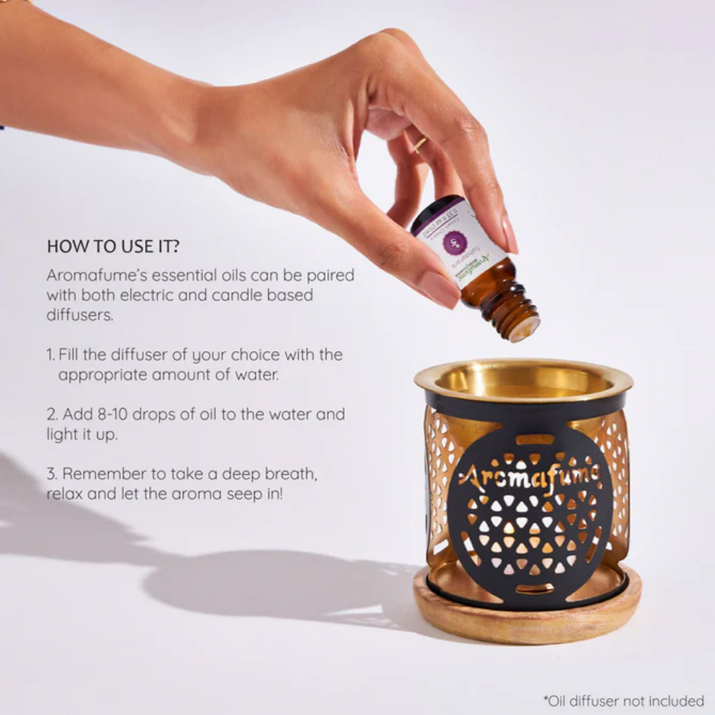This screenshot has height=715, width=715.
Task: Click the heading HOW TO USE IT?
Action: pos(113,246)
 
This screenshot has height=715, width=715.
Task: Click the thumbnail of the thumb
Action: pos(438,289)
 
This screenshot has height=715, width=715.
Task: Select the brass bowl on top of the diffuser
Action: pos(523,381)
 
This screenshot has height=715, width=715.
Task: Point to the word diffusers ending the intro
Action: pos(79,315)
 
